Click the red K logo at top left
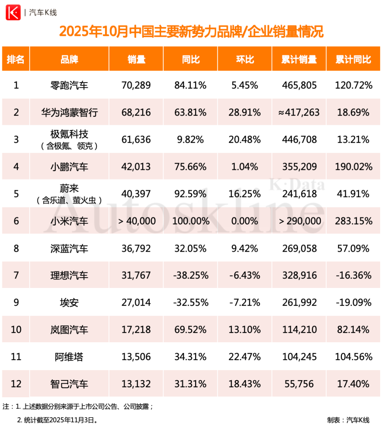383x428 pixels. [x=13, y=12]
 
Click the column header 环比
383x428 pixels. [x=245, y=59]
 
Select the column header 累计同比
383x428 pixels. [x=353, y=59]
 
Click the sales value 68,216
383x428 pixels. [x=136, y=112]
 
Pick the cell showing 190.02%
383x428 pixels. [x=353, y=167]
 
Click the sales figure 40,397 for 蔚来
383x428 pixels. [x=136, y=194]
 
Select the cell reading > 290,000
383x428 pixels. [x=299, y=221]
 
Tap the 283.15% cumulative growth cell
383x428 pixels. [x=353, y=221]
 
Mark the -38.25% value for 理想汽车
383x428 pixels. [x=190, y=276]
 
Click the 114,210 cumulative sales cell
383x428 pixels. [x=299, y=330]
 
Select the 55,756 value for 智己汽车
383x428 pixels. [x=299, y=384]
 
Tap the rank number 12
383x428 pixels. [x=16, y=384]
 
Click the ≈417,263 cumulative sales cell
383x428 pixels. [x=299, y=112]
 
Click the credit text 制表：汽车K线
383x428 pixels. [x=348, y=420]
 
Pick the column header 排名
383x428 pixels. [x=16, y=59]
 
